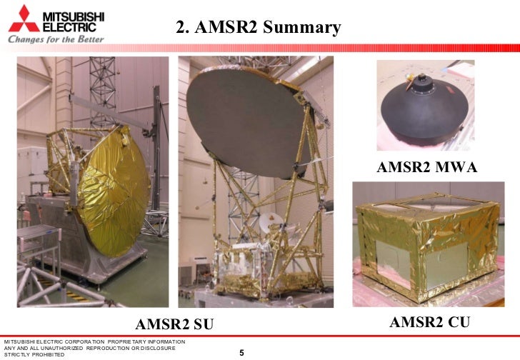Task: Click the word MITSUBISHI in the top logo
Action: (x=74, y=15)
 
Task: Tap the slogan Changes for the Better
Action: (x=56, y=39)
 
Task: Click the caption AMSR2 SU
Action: (x=174, y=324)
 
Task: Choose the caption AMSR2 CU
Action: (x=429, y=323)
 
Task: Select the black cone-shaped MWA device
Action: (x=425, y=114)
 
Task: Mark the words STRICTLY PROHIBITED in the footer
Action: (x=35, y=354)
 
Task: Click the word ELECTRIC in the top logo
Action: (x=71, y=26)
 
